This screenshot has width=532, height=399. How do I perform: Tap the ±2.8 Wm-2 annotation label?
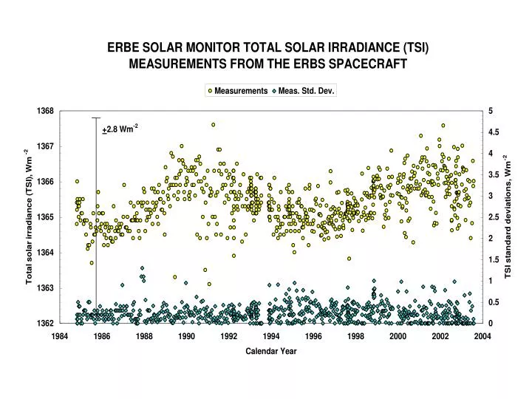[120, 129]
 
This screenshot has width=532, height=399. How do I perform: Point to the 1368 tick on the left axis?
[46, 111]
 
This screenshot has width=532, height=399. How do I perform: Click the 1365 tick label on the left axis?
[46, 217]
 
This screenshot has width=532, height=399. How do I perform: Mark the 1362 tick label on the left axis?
[46, 323]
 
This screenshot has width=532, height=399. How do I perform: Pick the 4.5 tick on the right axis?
[494, 132]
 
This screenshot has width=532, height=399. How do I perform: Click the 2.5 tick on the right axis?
[494, 217]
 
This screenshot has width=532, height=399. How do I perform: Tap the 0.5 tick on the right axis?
[494, 302]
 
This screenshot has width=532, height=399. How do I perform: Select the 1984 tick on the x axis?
[59, 336]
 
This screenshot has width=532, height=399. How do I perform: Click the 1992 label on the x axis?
[228, 336]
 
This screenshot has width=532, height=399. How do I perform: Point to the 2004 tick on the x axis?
[482, 336]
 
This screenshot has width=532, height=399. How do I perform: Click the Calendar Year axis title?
[270, 351]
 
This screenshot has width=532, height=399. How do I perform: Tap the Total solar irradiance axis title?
[30, 216]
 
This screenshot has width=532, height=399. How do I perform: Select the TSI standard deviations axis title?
[508, 216]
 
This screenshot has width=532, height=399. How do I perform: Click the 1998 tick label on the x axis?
[355, 336]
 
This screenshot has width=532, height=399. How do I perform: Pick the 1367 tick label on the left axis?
[46, 146]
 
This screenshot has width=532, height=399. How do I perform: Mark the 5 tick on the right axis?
[490, 111]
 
